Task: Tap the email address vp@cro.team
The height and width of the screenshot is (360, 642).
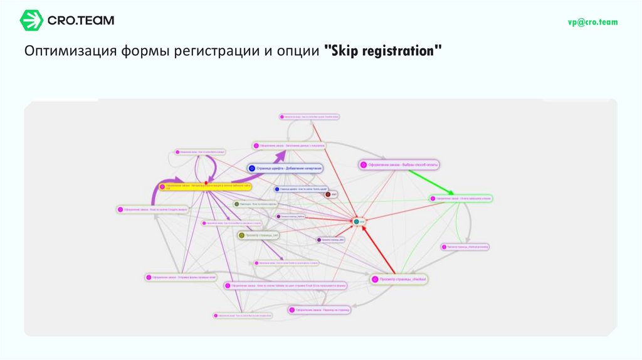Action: (592, 22)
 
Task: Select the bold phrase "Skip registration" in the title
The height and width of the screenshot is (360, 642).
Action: (383, 51)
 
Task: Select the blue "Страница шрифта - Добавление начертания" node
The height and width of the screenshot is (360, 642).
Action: (285, 168)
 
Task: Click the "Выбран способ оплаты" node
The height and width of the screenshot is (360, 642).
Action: (399, 165)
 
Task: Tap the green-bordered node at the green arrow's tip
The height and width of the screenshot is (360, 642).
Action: (461, 198)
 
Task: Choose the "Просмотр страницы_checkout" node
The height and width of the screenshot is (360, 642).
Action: (399, 278)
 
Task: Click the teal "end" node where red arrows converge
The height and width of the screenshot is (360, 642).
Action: (357, 221)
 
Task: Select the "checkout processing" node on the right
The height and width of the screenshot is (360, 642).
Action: (465, 247)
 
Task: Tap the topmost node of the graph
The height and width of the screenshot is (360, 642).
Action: (309, 117)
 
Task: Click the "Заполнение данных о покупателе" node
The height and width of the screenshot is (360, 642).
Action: (288, 146)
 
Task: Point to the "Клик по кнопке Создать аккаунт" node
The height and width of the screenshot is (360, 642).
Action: (152, 209)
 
